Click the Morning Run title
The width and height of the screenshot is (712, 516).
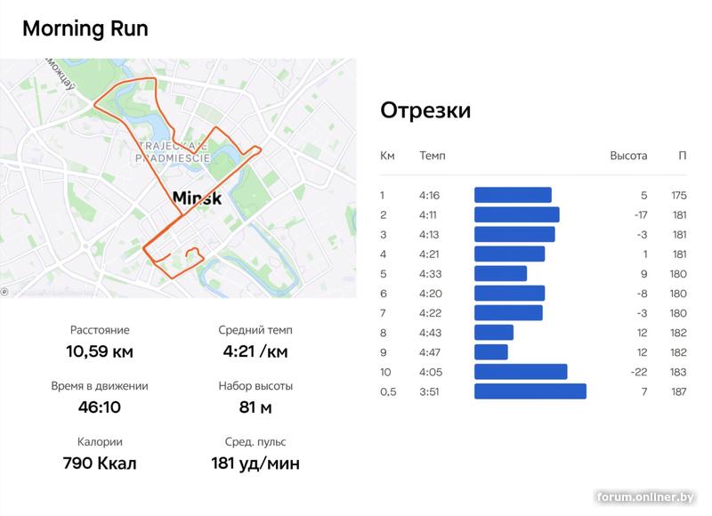85,28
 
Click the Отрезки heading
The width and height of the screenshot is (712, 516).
425,110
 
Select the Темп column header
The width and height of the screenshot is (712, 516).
433,157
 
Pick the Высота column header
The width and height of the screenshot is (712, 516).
628,157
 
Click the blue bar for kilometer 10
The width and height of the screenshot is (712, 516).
521,372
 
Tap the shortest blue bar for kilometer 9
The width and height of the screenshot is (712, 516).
491,352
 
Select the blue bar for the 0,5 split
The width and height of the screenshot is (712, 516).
530,391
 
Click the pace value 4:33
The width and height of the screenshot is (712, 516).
429,274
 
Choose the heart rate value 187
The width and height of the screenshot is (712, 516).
679,391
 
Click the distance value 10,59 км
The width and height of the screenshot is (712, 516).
100,351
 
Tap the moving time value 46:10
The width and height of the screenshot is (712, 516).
100,407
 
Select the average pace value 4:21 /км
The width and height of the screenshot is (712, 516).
255,351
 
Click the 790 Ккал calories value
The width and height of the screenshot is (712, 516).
100,464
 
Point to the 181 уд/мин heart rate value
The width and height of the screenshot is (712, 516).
255,464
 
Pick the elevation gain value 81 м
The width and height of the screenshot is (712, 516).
255,407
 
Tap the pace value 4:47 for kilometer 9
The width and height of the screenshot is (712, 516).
429,352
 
